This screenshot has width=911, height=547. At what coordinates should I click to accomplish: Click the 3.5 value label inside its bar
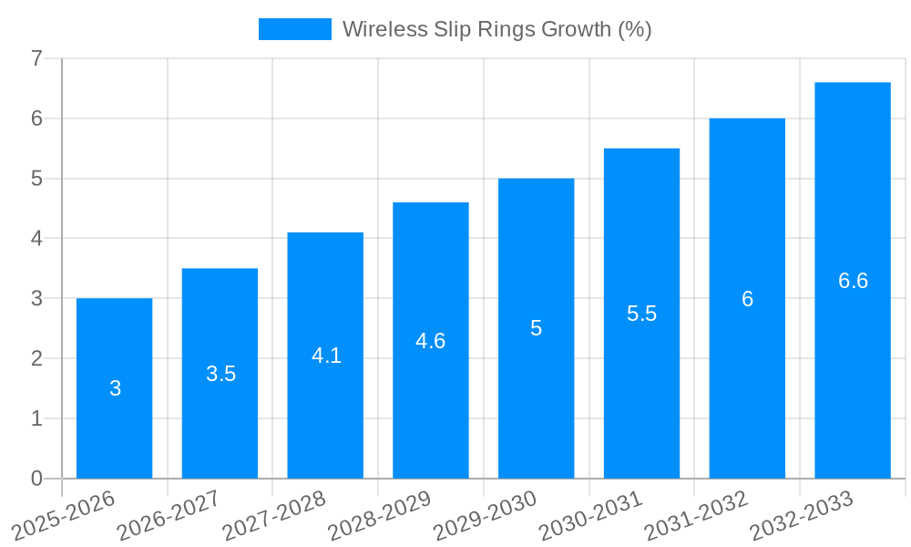click(220, 374)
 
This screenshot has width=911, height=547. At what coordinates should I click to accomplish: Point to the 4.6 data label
click(430, 341)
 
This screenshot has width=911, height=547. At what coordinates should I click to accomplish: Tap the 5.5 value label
click(641, 314)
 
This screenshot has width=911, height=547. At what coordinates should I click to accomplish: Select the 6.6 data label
click(853, 281)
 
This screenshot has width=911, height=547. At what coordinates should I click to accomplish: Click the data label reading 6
click(747, 299)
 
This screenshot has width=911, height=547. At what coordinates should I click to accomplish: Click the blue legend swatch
click(294, 29)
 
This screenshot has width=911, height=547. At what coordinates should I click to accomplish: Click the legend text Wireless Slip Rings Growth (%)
click(496, 29)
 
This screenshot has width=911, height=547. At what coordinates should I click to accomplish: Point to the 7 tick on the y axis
click(36, 58)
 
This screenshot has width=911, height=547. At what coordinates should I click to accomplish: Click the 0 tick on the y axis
click(36, 479)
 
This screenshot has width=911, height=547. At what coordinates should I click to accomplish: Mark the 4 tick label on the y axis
click(36, 239)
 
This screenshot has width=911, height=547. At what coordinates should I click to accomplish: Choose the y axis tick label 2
click(36, 358)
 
